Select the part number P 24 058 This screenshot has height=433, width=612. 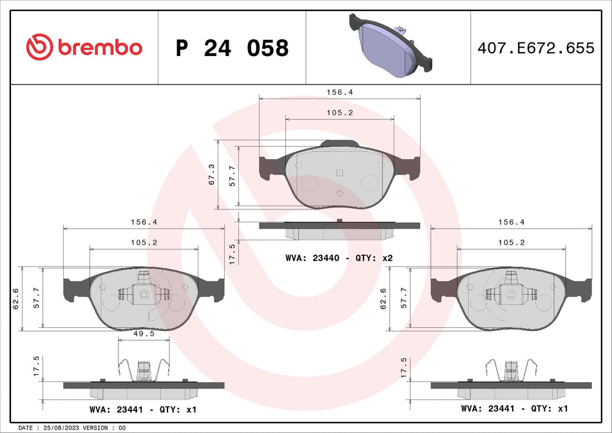[x=232, y=48]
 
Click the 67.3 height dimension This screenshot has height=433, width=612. [x=212, y=175]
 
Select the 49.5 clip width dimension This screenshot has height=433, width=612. [x=144, y=333]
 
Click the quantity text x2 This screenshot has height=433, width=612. [x=387, y=258]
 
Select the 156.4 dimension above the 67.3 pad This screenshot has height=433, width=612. [x=339, y=92]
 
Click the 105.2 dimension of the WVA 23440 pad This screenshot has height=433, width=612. [x=339, y=113]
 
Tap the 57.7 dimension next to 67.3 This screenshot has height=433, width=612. [x=233, y=175]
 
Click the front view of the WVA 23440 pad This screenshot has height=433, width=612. [x=339, y=177]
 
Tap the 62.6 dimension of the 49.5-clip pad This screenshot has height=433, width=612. [x=15, y=300]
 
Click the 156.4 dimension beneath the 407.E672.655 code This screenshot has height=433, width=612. [x=511, y=222]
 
